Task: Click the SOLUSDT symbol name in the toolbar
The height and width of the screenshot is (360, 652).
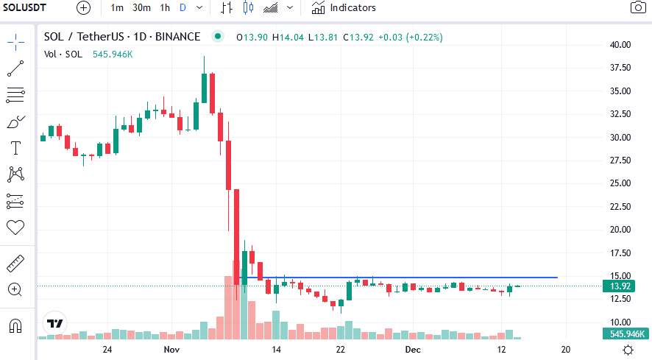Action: (29, 8)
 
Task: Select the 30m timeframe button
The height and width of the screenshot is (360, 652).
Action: (141, 8)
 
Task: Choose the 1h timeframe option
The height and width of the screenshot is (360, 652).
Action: (165, 8)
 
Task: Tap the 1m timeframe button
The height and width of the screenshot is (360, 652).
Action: (117, 8)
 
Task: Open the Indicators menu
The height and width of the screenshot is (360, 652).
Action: (343, 8)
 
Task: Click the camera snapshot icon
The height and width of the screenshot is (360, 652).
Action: (637, 8)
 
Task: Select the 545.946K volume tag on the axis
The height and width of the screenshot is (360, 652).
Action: (627, 333)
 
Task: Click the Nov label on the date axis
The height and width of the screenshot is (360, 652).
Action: (171, 349)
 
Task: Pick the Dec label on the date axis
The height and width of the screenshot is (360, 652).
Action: (413, 349)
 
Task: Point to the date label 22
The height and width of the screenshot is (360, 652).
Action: (340, 349)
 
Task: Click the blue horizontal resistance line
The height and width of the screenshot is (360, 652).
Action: (442, 278)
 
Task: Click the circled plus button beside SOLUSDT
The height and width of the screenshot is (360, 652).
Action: (84, 8)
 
